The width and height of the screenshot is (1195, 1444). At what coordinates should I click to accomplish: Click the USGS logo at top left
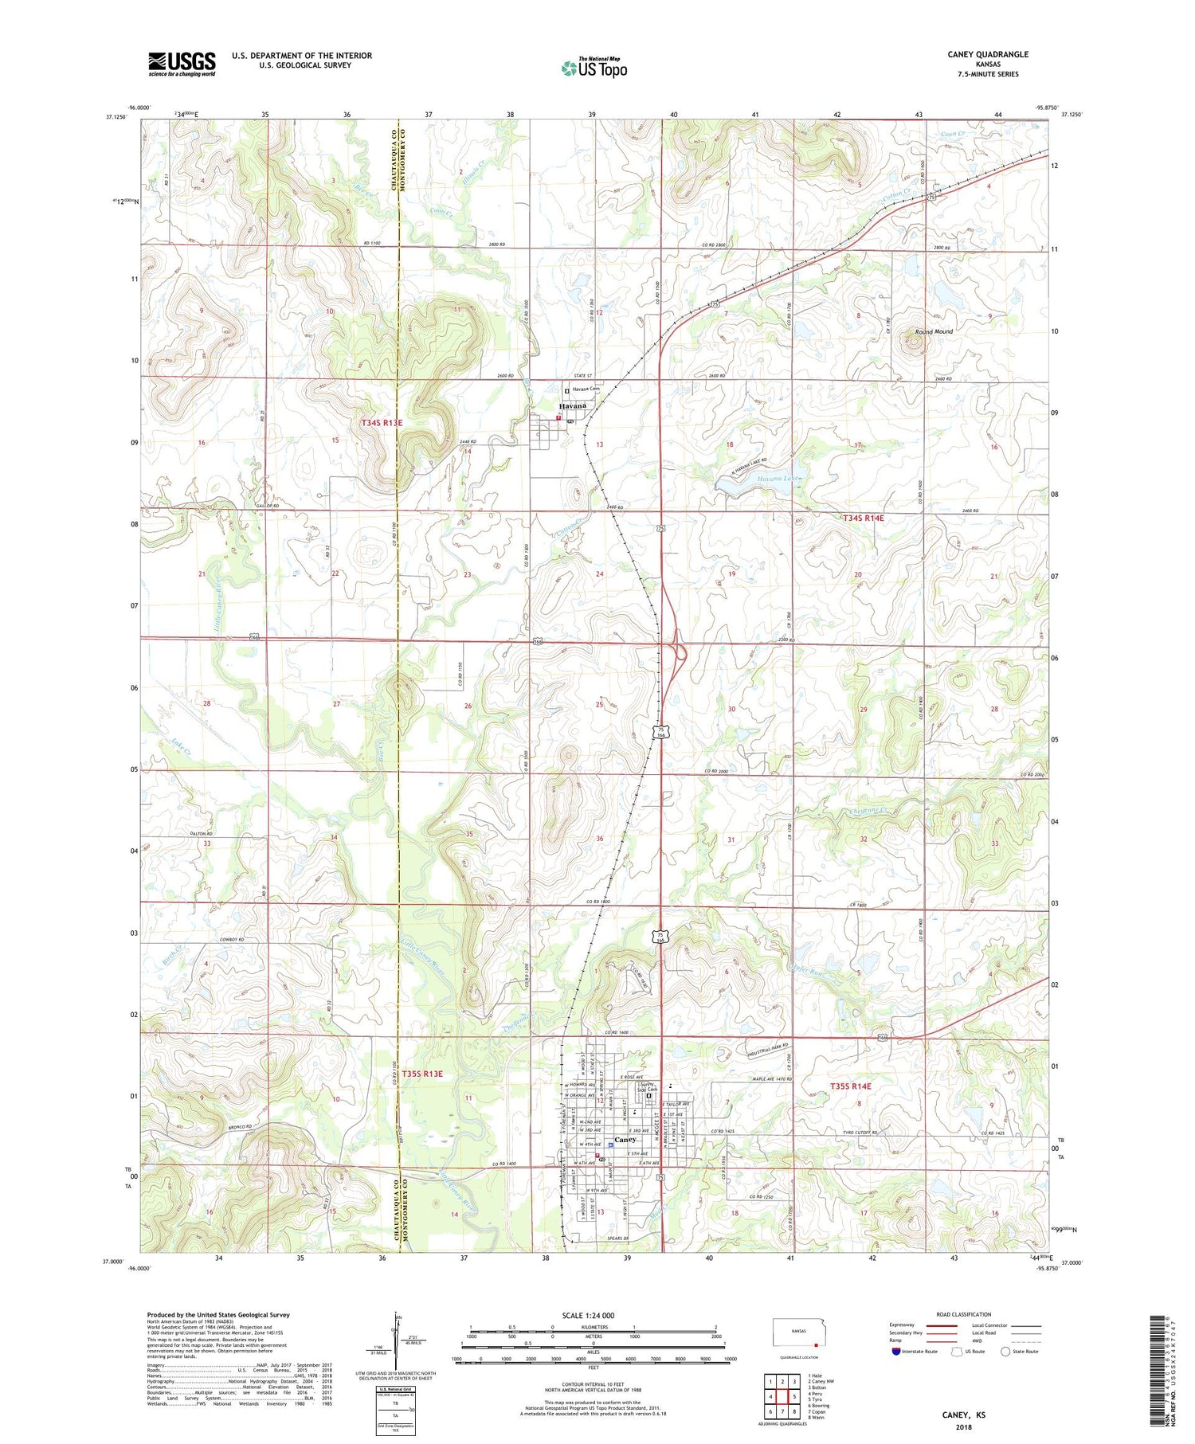pos(182,63)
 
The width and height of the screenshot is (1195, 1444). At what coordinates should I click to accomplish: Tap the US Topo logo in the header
pos(594,68)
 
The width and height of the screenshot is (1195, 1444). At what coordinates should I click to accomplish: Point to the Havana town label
pos(572,406)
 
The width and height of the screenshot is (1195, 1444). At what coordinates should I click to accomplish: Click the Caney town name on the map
pos(625,1140)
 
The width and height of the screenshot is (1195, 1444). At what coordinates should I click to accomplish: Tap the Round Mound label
pos(934,331)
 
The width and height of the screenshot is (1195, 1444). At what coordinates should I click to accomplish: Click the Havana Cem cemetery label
pos(586,389)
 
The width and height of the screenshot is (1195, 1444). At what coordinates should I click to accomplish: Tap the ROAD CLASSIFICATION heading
pos(964,1314)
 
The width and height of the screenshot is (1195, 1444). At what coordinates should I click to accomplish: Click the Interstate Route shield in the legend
pos(896,1352)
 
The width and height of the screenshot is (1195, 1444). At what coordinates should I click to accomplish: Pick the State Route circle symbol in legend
pos(1005,1352)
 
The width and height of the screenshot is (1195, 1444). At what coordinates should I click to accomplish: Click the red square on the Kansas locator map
pos(815,1345)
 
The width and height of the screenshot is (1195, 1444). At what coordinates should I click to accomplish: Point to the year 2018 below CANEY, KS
pos(965,1425)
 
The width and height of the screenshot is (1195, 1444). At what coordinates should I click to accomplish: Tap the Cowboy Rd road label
pos(231,940)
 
